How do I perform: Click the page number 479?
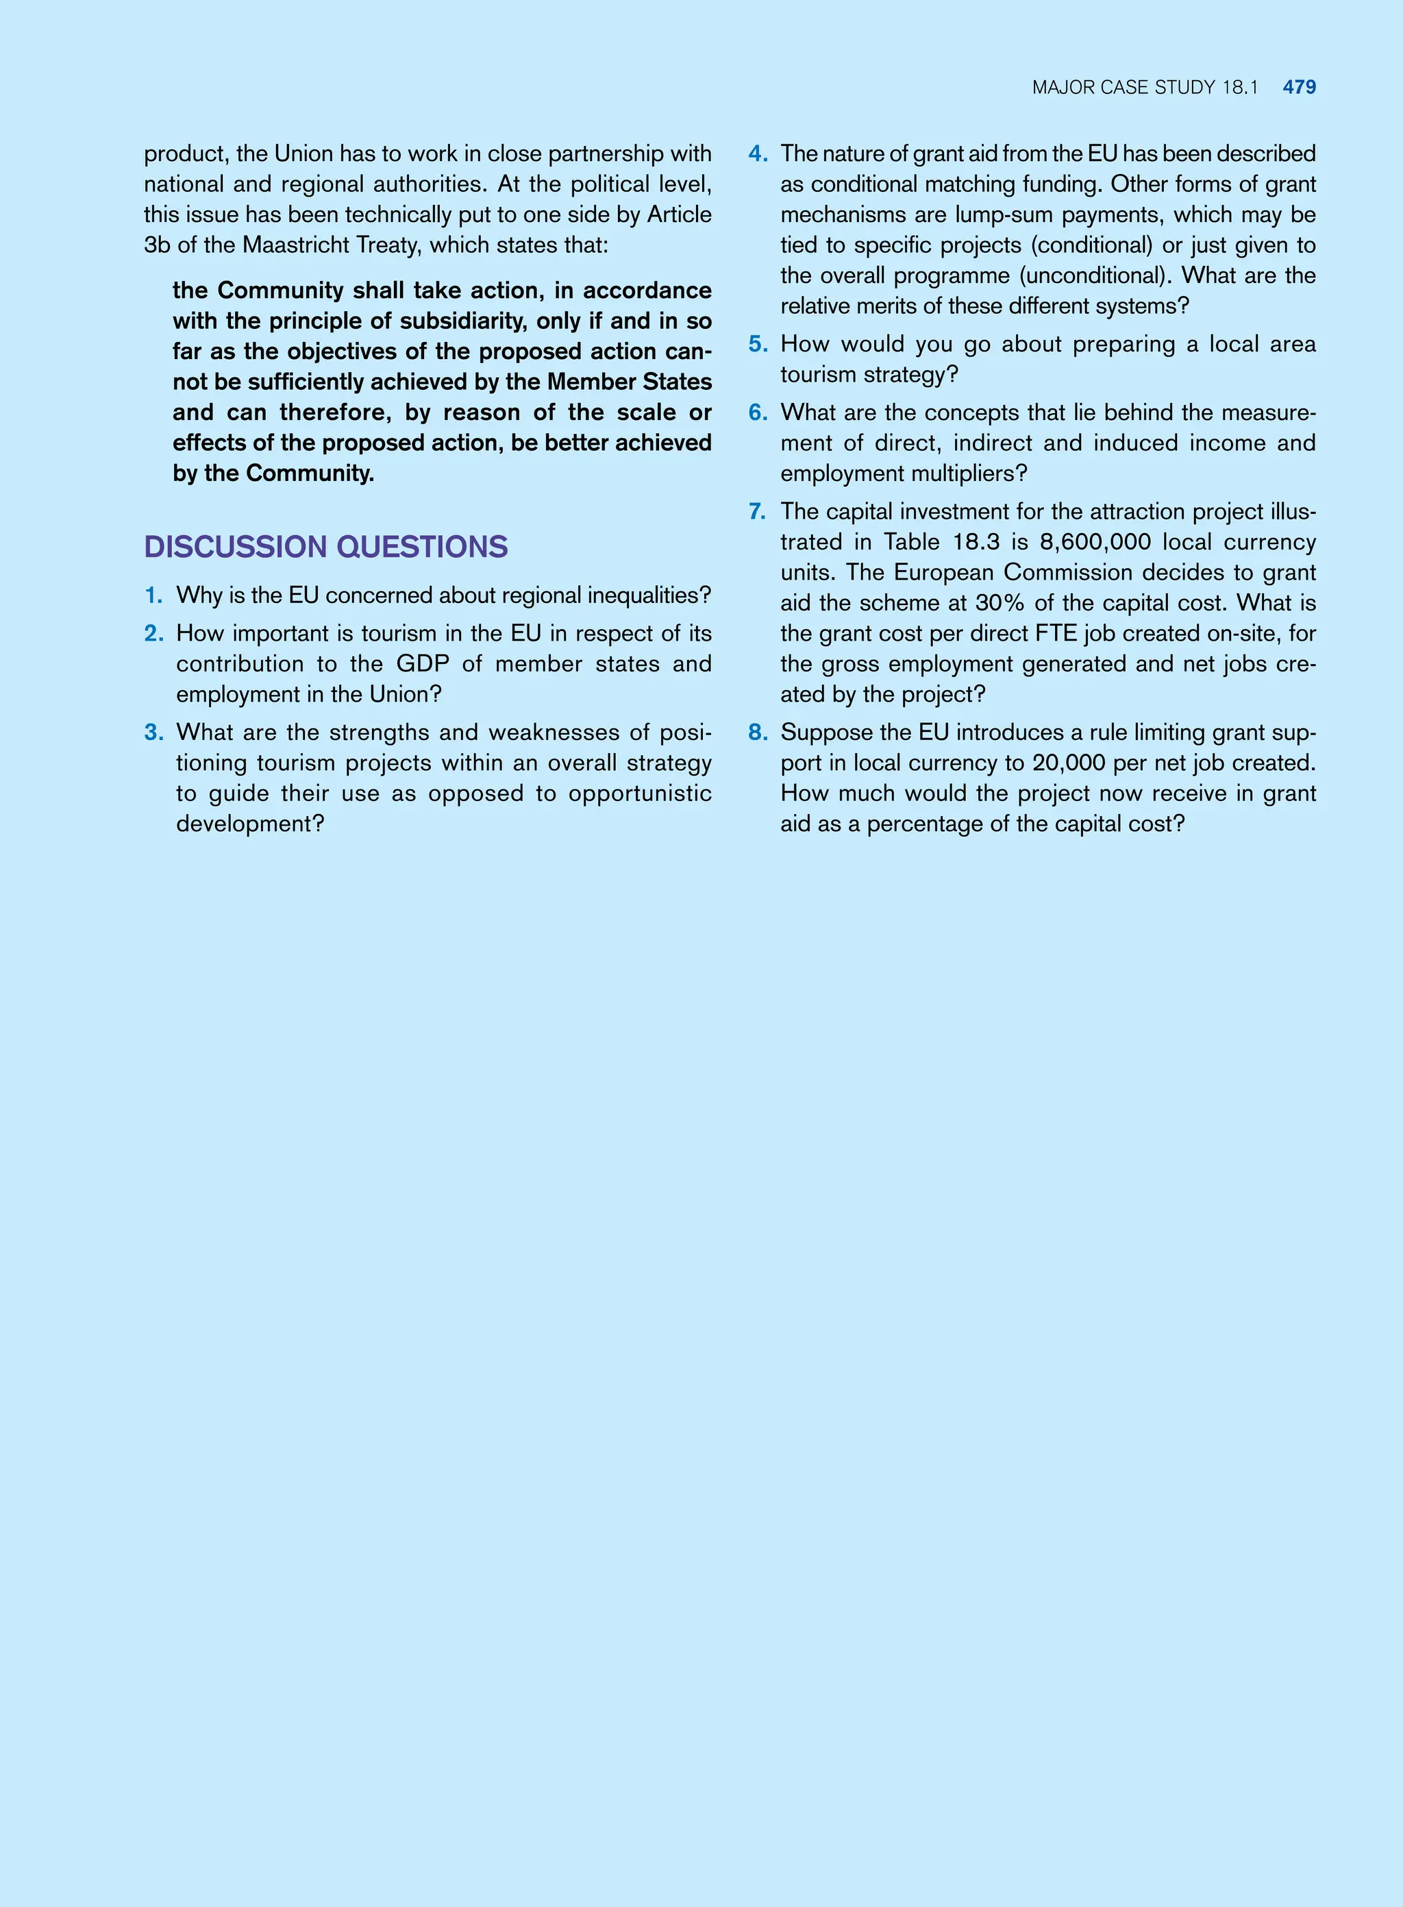[1300, 88]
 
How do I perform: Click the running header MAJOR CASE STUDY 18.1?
[1145, 88]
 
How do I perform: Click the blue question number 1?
[153, 595]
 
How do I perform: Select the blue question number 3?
[153, 733]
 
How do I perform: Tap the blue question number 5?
[758, 344]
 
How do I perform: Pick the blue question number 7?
[758, 511]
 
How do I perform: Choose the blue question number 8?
[758, 733]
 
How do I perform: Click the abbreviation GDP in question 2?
[422, 664]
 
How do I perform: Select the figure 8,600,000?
[1095, 542]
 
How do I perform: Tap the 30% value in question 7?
[999, 603]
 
